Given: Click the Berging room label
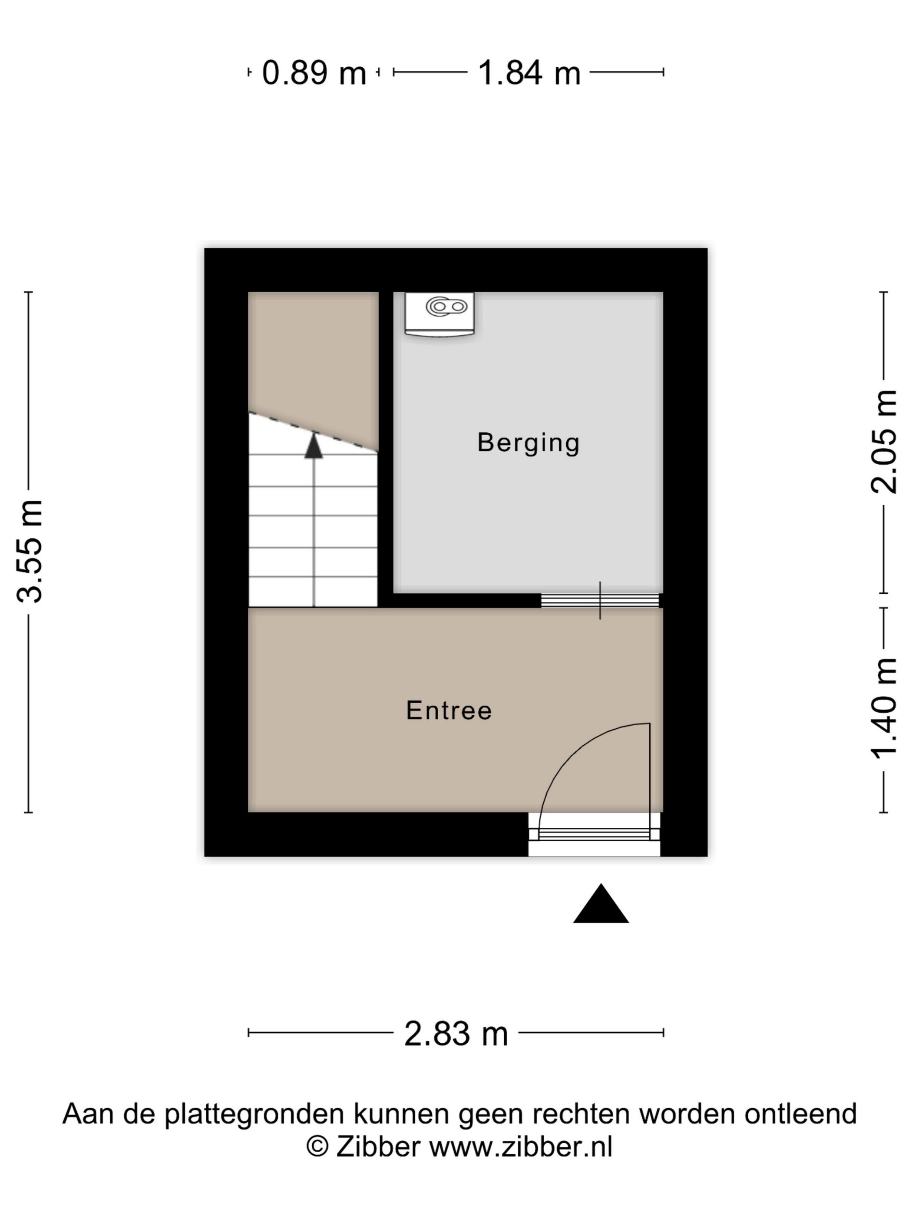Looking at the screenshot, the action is [528, 443].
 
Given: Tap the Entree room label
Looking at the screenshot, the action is [449, 710].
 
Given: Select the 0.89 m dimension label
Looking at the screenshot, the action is [314, 73].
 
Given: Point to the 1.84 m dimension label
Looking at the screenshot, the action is [529, 73].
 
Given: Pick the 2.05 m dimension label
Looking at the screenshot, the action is [884, 441].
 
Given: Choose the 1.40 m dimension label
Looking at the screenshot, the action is [884, 709].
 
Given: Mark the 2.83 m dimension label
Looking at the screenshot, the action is [456, 1034].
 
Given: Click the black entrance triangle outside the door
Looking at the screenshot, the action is [601, 904].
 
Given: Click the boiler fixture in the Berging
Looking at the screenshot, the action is [439, 314].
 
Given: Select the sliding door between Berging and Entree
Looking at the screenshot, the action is [600, 600].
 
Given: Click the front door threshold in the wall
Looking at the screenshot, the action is [594, 834].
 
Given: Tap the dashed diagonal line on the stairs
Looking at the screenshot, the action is [313, 432].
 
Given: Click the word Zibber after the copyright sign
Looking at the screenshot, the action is [378, 1147].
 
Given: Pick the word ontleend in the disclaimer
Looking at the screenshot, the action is [800, 1114].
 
